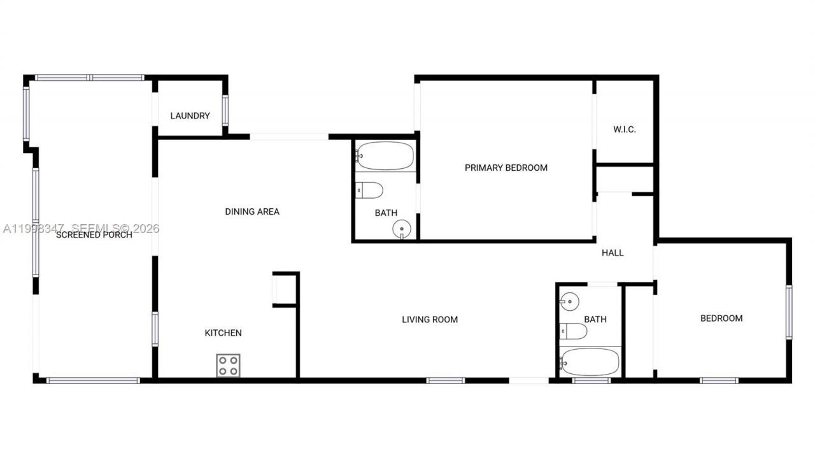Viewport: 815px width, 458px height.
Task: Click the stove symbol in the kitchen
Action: pyautogui.click(x=228, y=366)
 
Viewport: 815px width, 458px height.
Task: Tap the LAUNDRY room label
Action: pyautogui.click(x=190, y=116)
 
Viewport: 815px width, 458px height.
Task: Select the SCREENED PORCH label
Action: pyautogui.click(x=94, y=234)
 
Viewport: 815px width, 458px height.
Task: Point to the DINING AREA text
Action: pyautogui.click(x=252, y=211)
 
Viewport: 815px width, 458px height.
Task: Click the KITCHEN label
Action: pyautogui.click(x=223, y=333)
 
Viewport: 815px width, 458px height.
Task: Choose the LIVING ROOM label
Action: pyautogui.click(x=430, y=319)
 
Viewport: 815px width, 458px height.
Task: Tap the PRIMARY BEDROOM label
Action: pyautogui.click(x=506, y=168)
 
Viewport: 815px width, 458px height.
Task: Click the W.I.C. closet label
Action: pyautogui.click(x=625, y=129)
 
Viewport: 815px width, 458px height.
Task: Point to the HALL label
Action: pyautogui.click(x=613, y=253)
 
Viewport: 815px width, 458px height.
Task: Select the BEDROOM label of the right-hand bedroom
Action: pyautogui.click(x=721, y=318)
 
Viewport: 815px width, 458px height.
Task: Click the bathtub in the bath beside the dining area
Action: pyautogui.click(x=385, y=155)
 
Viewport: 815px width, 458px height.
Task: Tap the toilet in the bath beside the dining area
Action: pyautogui.click(x=369, y=190)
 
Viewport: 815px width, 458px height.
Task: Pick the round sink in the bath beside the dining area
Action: pyautogui.click(x=402, y=228)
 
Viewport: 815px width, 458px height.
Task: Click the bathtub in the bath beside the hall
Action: pyautogui.click(x=590, y=362)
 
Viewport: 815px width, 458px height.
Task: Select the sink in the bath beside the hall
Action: pyautogui.click(x=569, y=300)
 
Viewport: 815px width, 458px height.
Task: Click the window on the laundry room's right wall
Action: pyautogui.click(x=225, y=111)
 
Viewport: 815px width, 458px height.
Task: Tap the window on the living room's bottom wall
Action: pyautogui.click(x=446, y=381)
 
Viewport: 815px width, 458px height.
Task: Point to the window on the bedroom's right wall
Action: pyautogui.click(x=788, y=311)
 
